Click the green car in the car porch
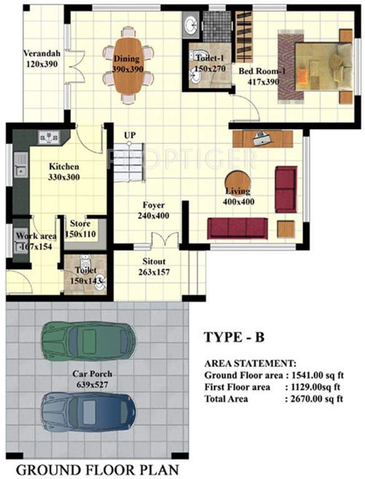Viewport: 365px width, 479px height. click(x=88, y=341)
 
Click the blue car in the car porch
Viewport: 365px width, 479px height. click(x=88, y=412)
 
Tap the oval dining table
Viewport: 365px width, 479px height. click(x=128, y=65)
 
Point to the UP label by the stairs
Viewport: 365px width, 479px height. click(x=130, y=135)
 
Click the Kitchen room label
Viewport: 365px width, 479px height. click(x=64, y=167)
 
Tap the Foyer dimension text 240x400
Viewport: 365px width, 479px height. click(x=154, y=216)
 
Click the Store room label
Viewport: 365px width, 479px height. click(x=80, y=224)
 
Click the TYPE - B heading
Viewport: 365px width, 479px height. click(x=235, y=337)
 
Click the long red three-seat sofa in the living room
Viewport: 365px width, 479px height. click(x=238, y=228)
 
